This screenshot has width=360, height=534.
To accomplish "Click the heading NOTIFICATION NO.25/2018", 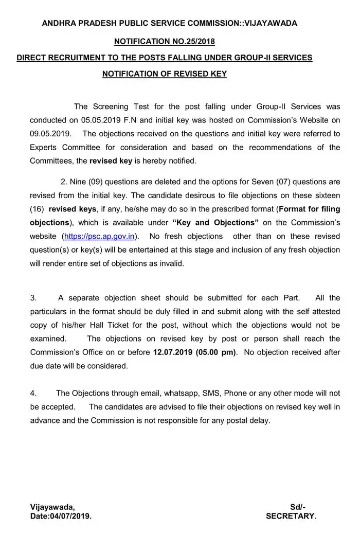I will (x=165, y=41).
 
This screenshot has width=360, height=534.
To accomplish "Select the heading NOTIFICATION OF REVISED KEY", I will (x=165, y=74).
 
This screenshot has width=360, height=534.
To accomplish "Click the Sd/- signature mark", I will (x=298, y=507).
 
